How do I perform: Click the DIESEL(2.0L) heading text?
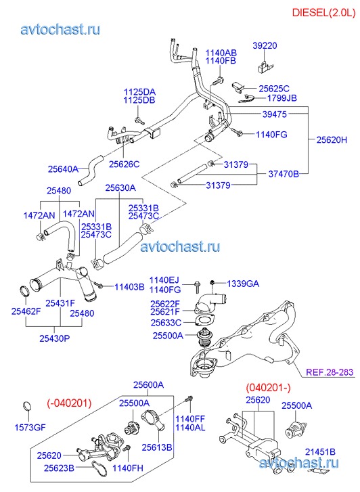coord(323,13)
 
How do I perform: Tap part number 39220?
coord(265,46)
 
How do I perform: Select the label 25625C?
coord(274,89)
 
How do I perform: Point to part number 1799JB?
coord(282,98)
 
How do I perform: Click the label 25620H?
coord(332,139)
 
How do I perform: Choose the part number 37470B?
coord(284,174)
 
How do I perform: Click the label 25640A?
coord(63,169)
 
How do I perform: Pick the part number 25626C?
coord(124,164)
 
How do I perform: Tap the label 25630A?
coord(120,187)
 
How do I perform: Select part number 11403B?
coord(129,287)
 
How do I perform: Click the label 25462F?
coord(26,311)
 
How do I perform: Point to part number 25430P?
coord(55,338)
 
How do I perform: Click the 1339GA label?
coord(243,284)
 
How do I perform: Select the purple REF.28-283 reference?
coord(330,372)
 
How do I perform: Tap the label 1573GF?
coord(30,427)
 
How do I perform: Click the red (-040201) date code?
coord(70,403)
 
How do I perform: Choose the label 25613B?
coord(157,447)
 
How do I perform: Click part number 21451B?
coord(320,452)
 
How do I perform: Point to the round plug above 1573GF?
coord(28,406)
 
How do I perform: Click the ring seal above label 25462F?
coord(25,291)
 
